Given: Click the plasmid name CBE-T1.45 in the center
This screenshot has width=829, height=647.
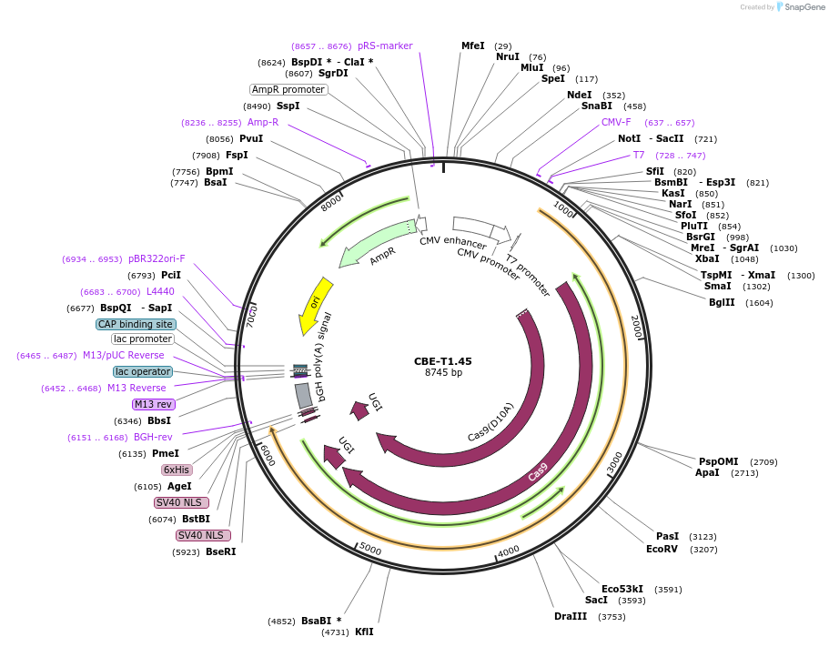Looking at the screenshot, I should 442,361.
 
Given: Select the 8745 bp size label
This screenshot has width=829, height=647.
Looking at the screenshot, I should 443,373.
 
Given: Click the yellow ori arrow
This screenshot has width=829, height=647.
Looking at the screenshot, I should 315,305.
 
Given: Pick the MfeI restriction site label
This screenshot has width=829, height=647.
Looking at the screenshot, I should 473,45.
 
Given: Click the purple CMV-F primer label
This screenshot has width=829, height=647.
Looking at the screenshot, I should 616,122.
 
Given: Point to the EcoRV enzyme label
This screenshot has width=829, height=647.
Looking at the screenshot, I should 662,549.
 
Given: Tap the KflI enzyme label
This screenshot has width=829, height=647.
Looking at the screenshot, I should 364,632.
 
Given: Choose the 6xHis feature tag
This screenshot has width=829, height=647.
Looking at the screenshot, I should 177,470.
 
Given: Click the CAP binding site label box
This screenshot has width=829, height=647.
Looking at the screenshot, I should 136,324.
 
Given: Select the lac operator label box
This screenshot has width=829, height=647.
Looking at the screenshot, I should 143,371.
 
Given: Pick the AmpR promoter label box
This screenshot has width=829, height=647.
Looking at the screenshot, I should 288,89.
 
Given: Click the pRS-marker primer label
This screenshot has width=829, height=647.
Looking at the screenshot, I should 385,45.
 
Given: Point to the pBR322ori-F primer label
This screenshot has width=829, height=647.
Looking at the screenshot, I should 157,258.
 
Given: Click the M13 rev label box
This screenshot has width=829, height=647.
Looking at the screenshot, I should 153,404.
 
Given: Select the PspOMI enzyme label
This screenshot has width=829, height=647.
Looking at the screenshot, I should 719,461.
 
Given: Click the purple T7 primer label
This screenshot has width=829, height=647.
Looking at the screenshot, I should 639,156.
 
